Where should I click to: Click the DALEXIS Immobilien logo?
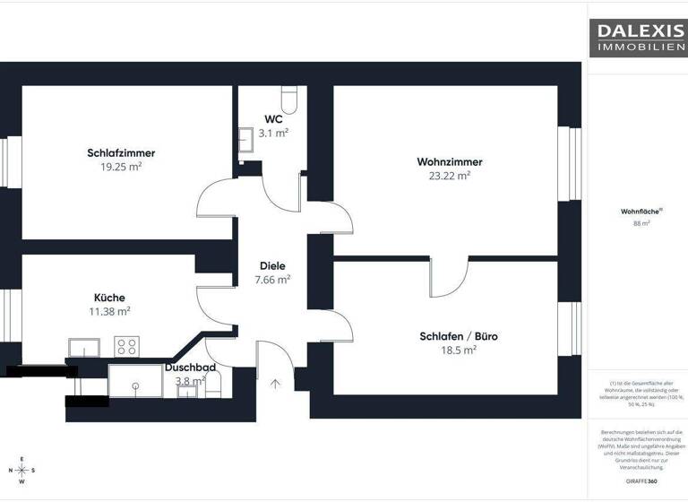637,37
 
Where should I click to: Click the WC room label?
273,119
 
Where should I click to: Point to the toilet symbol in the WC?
289,96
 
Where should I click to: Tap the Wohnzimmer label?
450,162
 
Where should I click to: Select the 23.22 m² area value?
450,177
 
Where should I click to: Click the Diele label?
272,265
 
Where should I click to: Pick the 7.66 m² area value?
272,280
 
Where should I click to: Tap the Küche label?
109,298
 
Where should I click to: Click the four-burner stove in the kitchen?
127,346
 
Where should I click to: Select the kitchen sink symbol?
85,347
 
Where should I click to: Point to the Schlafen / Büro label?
459,337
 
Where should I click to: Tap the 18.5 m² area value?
459,351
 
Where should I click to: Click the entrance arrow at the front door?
275,385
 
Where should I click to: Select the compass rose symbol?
23,471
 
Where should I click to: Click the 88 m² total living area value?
641,223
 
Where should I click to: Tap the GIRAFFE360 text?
641,481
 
